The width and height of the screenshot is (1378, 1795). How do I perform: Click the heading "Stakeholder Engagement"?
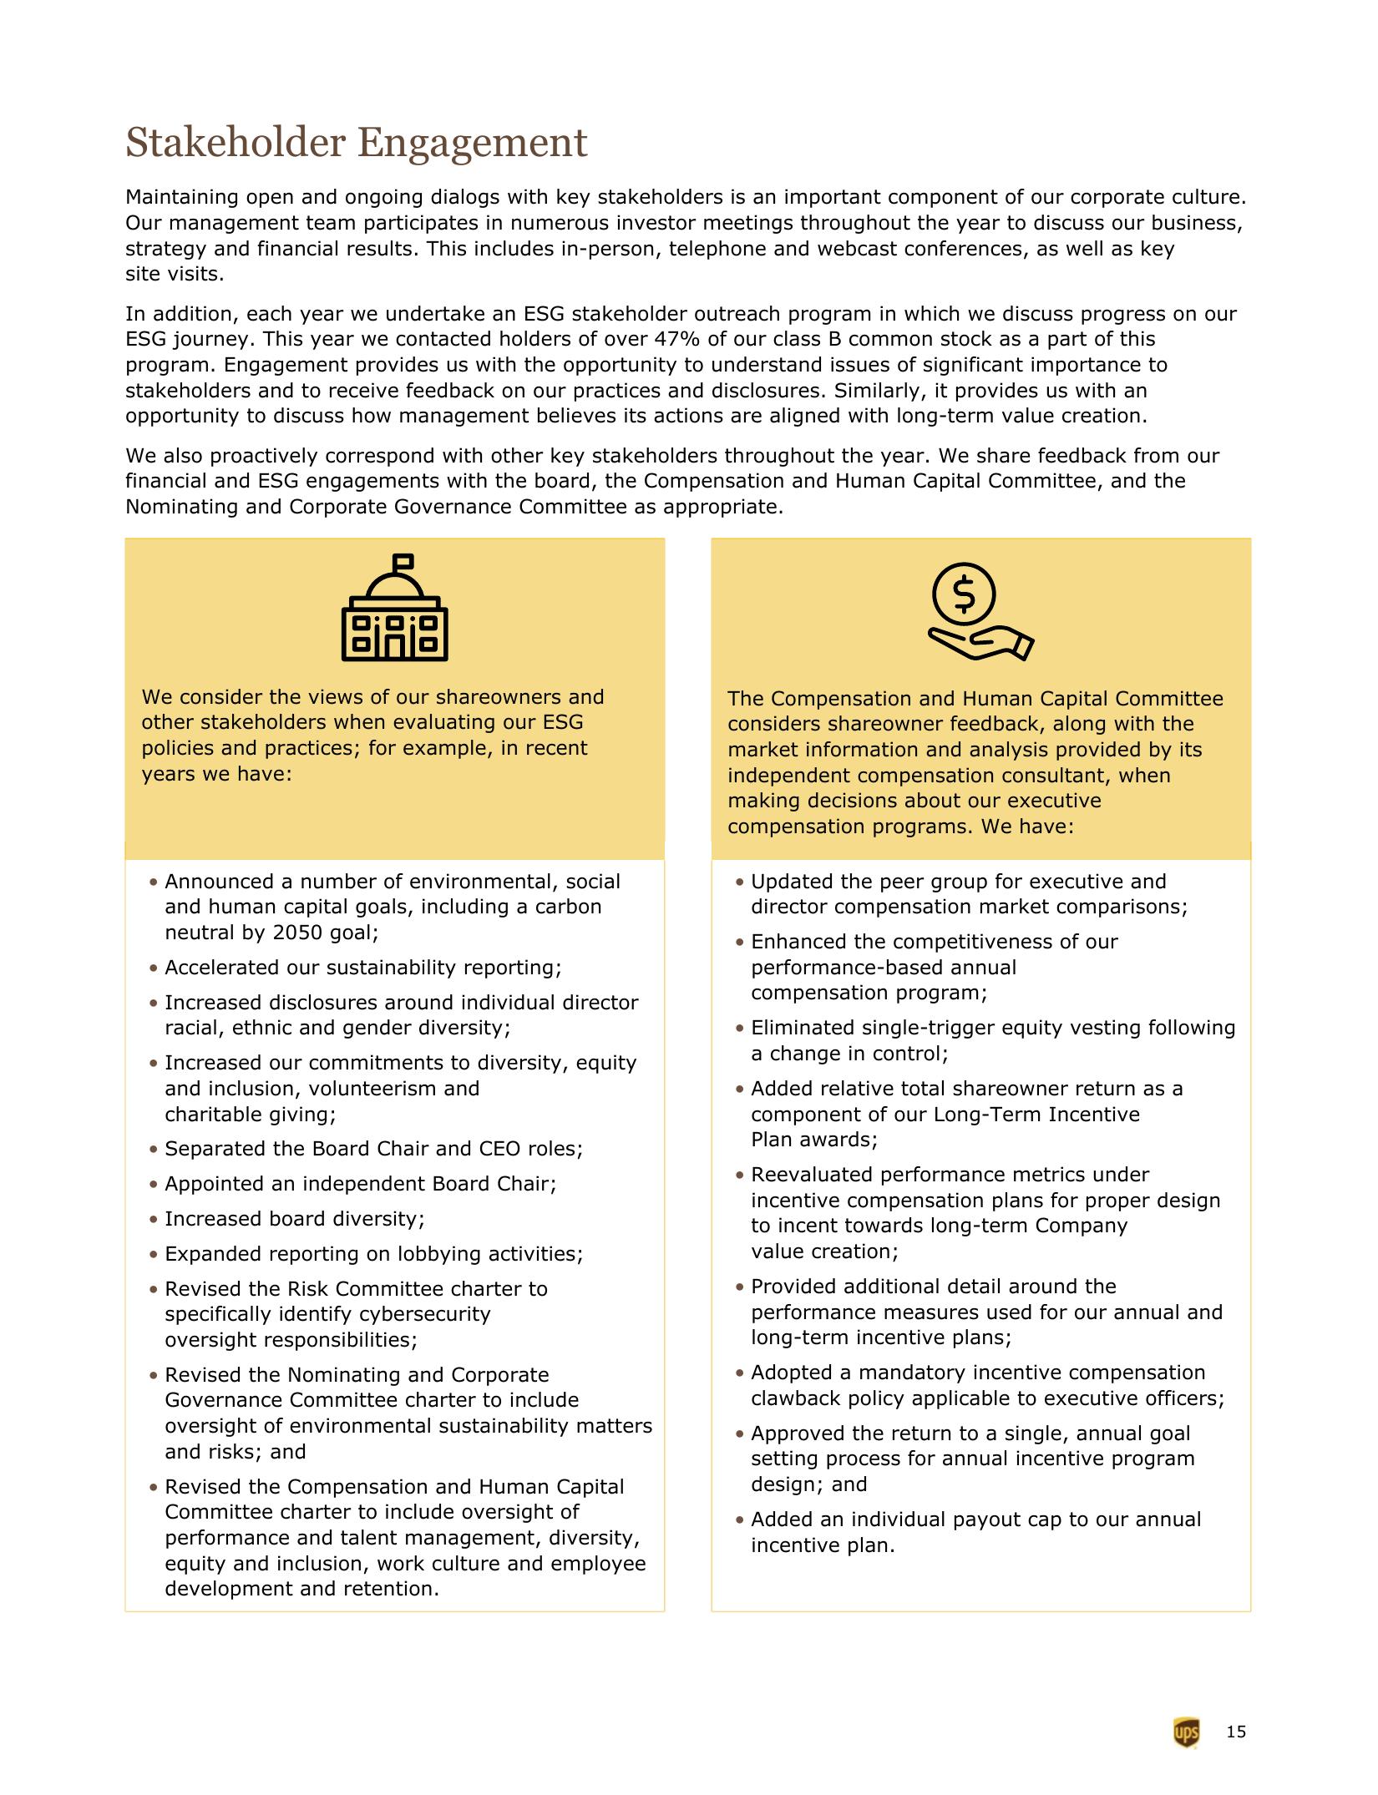356,143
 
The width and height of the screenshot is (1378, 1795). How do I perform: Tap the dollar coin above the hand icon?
963,593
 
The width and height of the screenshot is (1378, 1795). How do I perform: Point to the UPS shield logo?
1186,1732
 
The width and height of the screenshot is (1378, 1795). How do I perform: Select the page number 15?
1236,1732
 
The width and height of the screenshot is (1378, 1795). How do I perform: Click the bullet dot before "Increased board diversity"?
154,1220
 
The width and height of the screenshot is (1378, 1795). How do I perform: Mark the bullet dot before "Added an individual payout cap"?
740,1520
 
